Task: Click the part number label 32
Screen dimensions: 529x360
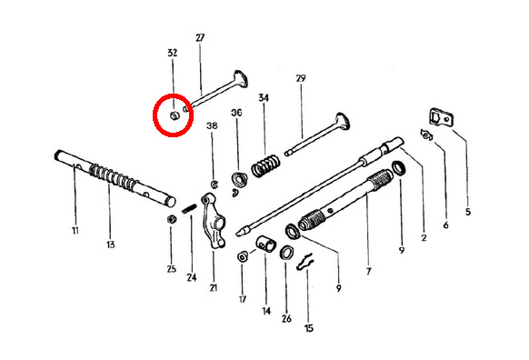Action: tap(172, 53)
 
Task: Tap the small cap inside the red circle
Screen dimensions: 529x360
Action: tap(175, 115)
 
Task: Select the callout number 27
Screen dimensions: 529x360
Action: tap(200, 37)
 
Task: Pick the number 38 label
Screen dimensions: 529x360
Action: tap(212, 125)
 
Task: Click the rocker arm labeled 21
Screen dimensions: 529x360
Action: tap(214, 222)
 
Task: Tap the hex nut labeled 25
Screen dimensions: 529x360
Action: tap(172, 219)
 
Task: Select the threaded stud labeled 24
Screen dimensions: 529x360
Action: tap(189, 208)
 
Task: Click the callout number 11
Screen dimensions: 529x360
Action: tap(75, 230)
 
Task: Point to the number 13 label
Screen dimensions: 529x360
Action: tap(111, 245)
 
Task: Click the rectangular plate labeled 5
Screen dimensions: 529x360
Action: tap(441, 117)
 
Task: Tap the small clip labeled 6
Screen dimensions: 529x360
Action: tap(426, 135)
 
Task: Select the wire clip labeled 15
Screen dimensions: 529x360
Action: tap(305, 262)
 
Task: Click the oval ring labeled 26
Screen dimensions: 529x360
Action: tap(286, 253)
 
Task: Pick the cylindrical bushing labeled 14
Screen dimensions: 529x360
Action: tap(265, 244)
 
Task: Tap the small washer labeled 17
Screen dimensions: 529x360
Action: tap(243, 256)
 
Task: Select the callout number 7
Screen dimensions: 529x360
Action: tap(368, 271)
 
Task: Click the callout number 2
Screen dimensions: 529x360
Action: tap(424, 238)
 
